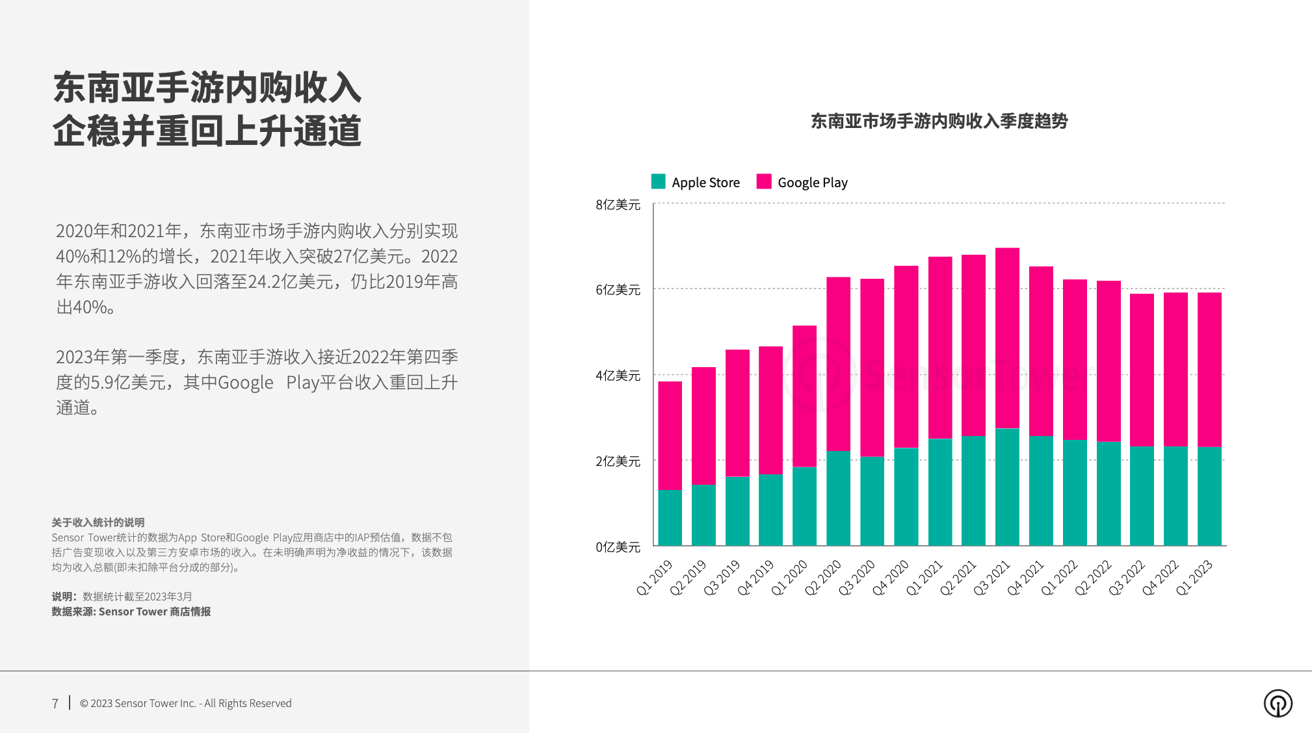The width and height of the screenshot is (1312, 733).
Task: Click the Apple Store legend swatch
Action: tap(658, 182)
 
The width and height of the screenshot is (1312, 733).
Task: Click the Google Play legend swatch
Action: tap(764, 182)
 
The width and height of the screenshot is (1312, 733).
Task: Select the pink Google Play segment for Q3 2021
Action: tap(1007, 338)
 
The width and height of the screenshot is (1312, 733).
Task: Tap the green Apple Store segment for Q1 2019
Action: tap(670, 517)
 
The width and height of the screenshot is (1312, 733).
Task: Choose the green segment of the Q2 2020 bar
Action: tap(838, 498)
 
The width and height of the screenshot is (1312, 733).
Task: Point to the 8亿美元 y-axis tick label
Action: tap(618, 205)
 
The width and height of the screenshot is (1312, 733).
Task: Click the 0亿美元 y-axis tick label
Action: tap(618, 547)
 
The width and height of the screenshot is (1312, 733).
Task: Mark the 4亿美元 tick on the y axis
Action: tap(618, 376)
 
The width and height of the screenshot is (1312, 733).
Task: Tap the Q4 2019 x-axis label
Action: tap(755, 577)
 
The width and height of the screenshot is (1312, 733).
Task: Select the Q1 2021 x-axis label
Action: tap(924, 577)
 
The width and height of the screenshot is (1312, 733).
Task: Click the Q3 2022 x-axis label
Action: tap(1126, 577)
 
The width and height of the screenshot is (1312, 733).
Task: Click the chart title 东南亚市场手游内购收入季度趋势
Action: tap(939, 122)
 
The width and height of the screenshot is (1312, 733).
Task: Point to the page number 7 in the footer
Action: tap(55, 704)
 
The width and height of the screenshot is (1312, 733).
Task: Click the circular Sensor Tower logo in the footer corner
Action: tap(1278, 704)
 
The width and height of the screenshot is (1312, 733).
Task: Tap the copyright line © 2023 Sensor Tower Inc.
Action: tap(185, 704)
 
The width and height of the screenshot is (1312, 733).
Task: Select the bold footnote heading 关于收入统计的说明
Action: tap(98, 522)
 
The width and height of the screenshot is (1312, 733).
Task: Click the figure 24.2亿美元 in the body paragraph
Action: tap(290, 282)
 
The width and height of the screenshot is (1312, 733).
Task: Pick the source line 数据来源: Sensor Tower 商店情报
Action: tap(131, 611)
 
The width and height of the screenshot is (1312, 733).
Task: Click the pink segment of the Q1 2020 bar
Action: tap(804, 396)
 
